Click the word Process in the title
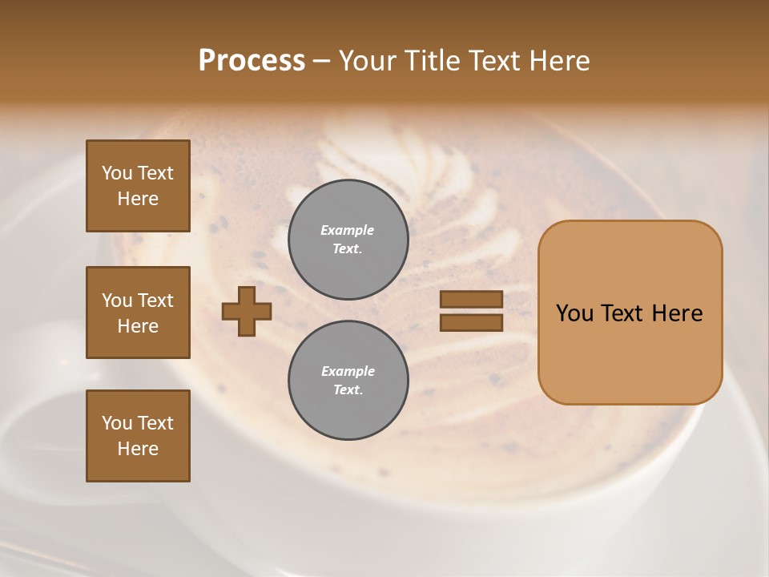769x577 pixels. click(252, 61)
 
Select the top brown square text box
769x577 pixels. click(138, 186)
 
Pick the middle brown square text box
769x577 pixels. click(138, 313)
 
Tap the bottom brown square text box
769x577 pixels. click(138, 436)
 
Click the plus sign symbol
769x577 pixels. click(247, 311)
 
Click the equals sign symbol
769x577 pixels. click(471, 311)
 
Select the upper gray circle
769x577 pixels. click(348, 240)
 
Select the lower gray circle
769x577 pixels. click(348, 381)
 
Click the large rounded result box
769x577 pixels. click(630, 313)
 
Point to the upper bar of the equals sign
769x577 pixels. click(471, 300)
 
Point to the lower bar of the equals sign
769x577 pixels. click(471, 323)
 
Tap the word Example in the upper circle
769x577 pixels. click(348, 231)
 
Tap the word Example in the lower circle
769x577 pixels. click(348, 372)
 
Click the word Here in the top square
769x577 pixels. click(138, 199)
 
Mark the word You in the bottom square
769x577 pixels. click(117, 423)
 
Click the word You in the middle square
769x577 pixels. click(117, 301)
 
